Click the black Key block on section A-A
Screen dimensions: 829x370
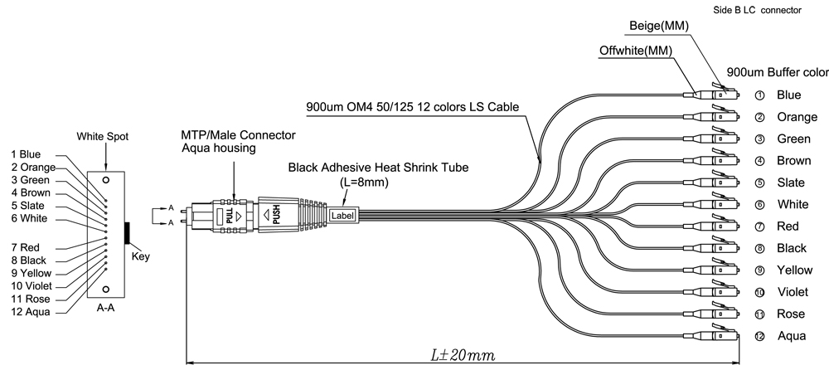coord(127,233)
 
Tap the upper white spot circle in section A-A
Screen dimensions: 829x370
coord(106,181)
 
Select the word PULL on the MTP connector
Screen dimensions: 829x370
coord(230,217)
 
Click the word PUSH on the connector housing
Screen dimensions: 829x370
coord(276,214)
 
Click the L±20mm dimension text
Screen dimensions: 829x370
coord(463,354)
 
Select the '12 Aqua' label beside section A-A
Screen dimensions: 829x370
coord(31,312)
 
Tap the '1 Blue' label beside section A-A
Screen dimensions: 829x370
coord(26,154)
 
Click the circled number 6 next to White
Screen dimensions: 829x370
coord(760,205)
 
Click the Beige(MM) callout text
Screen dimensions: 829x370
coord(659,26)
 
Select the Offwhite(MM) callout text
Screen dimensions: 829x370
coord(636,51)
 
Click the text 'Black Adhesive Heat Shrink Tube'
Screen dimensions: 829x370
coord(378,168)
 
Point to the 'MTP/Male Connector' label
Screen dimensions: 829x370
coord(239,135)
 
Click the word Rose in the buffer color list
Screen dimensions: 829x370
coord(791,314)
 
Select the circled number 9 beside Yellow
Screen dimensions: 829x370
coord(760,270)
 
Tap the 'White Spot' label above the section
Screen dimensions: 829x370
coord(103,137)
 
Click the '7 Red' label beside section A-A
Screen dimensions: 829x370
coord(25,248)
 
